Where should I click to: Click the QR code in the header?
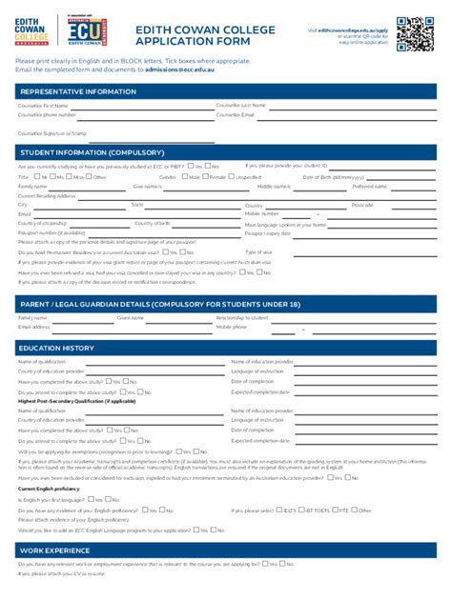coord(415,33)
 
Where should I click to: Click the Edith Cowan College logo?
coord(34,32)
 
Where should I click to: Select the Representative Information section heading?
coord(77,91)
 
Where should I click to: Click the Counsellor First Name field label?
coord(43,105)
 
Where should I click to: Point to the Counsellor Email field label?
coord(236,114)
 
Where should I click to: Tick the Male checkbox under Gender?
coord(183,177)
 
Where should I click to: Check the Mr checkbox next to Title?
coord(35,177)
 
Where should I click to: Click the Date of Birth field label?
coord(334,177)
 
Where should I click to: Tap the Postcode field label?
coord(362,205)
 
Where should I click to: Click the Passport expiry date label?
coord(268,232)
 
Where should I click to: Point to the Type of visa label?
coord(258,251)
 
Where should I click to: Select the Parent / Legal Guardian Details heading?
coord(159,304)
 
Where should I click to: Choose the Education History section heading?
coord(57,349)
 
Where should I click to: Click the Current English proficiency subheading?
coord(49,489)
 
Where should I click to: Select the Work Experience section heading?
coord(55,550)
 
